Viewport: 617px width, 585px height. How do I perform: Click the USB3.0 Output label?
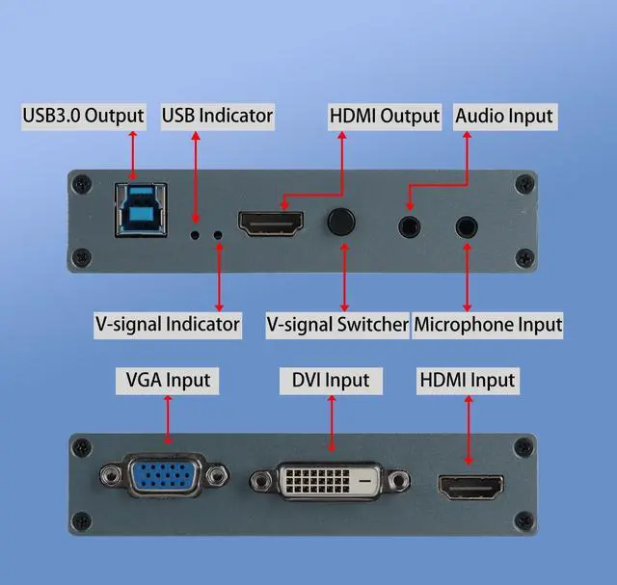pos(84,117)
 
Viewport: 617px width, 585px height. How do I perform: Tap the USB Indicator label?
pos(217,117)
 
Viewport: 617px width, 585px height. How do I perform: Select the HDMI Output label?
pos(385,117)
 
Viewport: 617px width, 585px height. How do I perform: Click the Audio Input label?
pos(504,117)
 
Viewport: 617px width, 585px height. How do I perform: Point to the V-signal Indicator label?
pos(167,324)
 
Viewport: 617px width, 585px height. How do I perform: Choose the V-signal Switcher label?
pos(337,324)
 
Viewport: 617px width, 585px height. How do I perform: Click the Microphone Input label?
pos(488,324)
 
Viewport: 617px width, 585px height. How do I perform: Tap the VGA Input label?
pos(168,380)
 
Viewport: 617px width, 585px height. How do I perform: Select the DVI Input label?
pos(330,380)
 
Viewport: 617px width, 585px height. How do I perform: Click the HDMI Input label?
pos(468,380)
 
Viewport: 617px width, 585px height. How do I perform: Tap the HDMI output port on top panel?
pos(271,225)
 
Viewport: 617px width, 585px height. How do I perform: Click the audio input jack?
pos(409,226)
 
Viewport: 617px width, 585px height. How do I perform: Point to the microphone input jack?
pos(468,226)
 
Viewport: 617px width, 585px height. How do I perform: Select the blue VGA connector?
pos(164,477)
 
